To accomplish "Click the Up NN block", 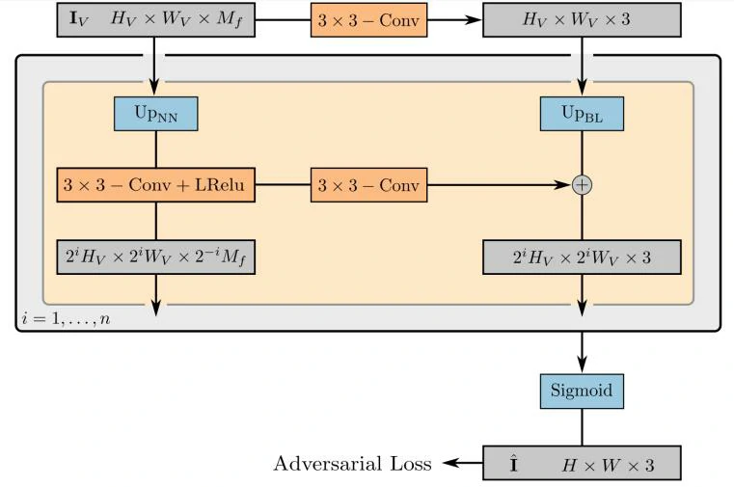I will coord(155,114).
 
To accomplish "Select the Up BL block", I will coord(582,114).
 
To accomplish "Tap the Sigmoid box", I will coord(582,392).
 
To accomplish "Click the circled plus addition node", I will coord(582,184).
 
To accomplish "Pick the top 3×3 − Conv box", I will coord(368,19).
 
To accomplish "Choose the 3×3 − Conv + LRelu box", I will coord(155,184).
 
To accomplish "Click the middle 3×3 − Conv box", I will coord(368,184).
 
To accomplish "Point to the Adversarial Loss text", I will coord(352,464).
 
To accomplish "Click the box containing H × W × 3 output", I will coord(582,464).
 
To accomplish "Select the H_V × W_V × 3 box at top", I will coord(582,19).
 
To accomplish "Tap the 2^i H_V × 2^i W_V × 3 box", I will coord(582,257).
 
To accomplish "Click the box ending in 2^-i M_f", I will coord(155,257).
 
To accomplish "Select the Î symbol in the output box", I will coord(514,464).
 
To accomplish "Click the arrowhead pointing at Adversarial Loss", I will coord(448,464).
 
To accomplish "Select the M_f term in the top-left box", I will coord(228,20).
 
